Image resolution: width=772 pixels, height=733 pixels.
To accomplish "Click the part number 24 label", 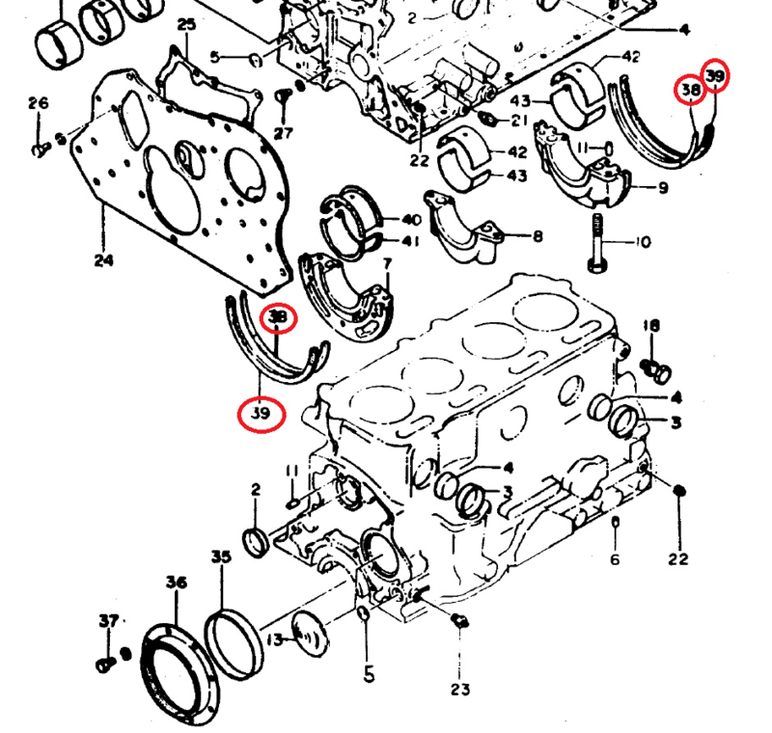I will click(103, 260).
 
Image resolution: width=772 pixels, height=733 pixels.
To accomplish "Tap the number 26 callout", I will click(39, 103).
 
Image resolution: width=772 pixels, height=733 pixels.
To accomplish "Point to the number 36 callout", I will click(176, 582).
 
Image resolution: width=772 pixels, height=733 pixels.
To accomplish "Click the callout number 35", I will click(221, 557).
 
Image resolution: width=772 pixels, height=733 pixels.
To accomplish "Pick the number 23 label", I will click(459, 689).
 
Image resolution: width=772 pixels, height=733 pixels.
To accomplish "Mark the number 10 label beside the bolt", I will click(643, 241).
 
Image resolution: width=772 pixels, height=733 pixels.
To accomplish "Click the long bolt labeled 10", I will click(595, 243).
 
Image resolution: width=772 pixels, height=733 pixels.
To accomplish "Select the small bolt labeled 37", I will click(105, 664).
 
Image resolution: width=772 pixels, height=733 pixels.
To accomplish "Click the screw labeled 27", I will click(284, 96).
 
